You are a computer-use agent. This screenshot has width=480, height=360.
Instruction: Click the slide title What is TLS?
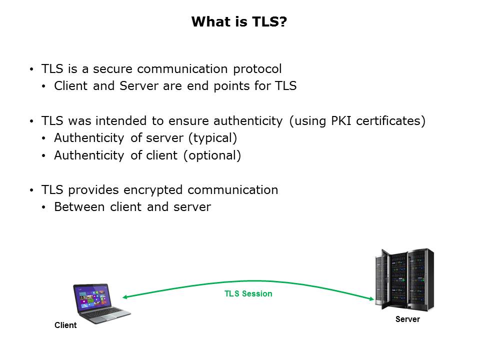(x=239, y=22)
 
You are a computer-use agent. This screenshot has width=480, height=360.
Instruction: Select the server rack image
(x=404, y=279)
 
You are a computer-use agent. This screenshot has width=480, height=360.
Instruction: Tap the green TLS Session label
(x=248, y=294)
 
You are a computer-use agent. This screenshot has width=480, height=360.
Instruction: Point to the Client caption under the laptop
(x=65, y=325)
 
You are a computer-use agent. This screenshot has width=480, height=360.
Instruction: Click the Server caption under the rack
(x=407, y=319)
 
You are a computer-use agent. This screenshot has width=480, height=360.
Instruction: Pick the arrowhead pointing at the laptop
(x=125, y=297)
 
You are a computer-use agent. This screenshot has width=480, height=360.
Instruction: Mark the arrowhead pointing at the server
(x=371, y=299)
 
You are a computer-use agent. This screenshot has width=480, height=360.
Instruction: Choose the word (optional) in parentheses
(x=212, y=155)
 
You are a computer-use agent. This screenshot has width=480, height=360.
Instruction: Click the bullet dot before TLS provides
(x=32, y=190)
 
